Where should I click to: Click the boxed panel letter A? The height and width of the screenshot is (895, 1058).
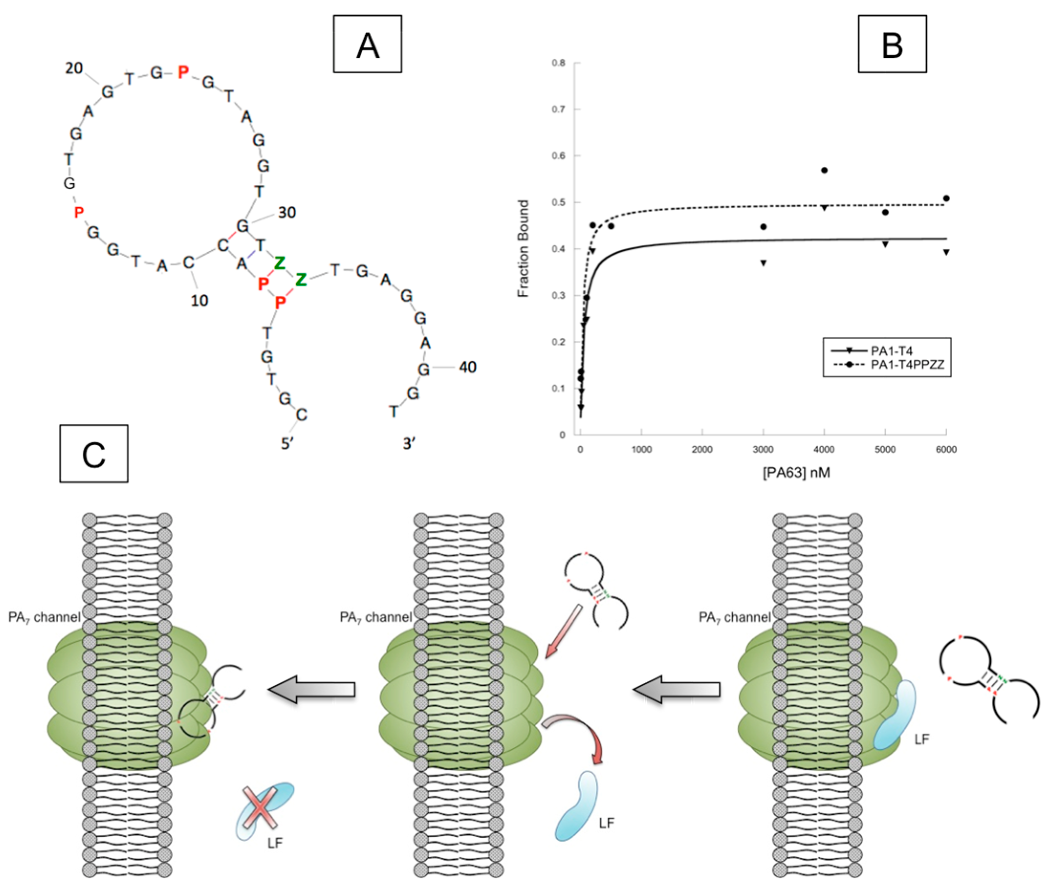click(x=367, y=44)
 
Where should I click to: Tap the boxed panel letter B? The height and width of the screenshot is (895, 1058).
click(x=892, y=44)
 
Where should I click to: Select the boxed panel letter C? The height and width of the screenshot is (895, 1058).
click(x=94, y=453)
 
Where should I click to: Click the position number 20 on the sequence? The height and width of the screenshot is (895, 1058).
click(x=74, y=68)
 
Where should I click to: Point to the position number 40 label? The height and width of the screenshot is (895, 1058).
click(x=467, y=367)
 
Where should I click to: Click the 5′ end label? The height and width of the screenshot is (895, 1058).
click(x=287, y=443)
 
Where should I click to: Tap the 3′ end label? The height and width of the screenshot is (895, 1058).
click(x=409, y=443)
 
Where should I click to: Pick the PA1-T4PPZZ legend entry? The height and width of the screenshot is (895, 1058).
click(x=907, y=364)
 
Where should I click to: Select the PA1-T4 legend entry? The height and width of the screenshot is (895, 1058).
click(x=892, y=350)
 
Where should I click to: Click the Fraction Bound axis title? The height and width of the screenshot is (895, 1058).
click(x=523, y=248)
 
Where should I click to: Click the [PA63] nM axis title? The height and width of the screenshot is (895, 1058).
click(x=796, y=473)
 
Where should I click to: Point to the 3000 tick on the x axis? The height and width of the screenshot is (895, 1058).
click(x=763, y=450)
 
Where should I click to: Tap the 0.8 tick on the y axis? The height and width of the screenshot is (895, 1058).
click(x=559, y=63)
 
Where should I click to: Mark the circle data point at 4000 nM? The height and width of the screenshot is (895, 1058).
click(x=824, y=171)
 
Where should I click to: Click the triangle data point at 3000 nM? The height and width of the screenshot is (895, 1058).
click(x=763, y=263)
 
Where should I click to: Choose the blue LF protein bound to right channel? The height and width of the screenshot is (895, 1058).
click(x=895, y=714)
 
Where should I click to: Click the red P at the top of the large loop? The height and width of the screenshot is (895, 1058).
click(x=183, y=72)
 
